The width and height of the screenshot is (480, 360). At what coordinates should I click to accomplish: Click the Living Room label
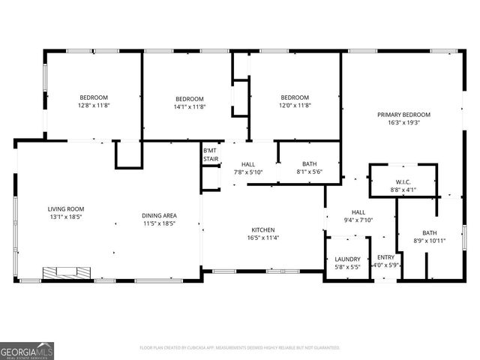(x=66, y=209)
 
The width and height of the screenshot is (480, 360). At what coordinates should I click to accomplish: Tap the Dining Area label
(x=158, y=216)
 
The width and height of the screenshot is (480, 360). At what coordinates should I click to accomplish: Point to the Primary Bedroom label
(x=403, y=115)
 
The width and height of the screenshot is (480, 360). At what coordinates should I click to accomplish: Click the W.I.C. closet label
(x=403, y=182)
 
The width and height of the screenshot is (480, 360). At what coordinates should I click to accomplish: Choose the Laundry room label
(x=346, y=259)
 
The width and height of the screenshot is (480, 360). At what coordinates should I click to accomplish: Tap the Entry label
(x=385, y=257)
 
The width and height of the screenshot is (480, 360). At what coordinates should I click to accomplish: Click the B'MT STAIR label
(x=210, y=155)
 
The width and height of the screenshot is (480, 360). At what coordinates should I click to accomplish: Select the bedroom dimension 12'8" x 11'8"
(x=94, y=106)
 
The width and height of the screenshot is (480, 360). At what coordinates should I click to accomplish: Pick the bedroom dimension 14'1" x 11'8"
(x=190, y=106)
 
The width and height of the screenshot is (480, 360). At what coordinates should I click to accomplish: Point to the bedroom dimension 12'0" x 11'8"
(x=295, y=106)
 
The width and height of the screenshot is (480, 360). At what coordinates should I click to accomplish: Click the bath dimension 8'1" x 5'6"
(x=309, y=172)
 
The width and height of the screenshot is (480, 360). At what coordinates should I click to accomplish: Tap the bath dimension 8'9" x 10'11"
(x=429, y=241)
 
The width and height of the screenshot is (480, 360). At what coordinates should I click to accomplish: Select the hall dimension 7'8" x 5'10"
(x=248, y=172)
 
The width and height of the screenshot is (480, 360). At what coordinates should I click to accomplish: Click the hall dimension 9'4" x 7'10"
(x=358, y=220)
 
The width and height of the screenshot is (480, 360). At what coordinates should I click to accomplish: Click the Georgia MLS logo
(x=27, y=350)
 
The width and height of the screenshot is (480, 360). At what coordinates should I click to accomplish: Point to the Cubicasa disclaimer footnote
(x=240, y=348)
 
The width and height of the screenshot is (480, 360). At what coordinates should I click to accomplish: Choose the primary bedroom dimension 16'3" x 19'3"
(x=403, y=122)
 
